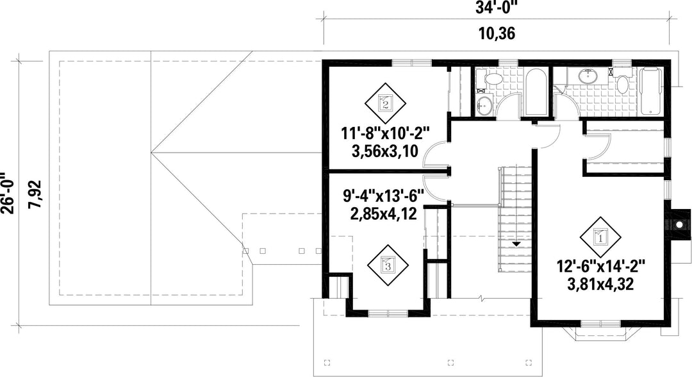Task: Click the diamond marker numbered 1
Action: (600, 237)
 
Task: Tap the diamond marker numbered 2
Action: (385, 104)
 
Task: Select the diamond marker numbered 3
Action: (388, 265)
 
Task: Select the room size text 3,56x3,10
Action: (385, 151)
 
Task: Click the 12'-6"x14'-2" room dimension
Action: (600, 266)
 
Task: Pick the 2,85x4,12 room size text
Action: (383, 214)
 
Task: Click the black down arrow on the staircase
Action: (516, 244)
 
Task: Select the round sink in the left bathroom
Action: (484, 106)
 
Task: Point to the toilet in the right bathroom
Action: (623, 81)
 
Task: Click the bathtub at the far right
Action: (650, 90)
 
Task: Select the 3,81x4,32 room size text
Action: (600, 284)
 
